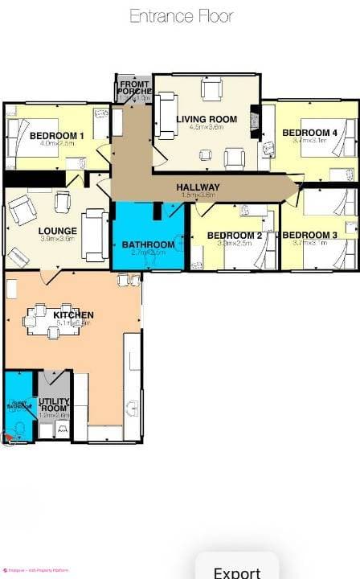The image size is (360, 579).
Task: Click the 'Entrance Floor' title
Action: pyautogui.click(x=181, y=16)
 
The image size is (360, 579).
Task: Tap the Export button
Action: pyautogui.click(x=237, y=571)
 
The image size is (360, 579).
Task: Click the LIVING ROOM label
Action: pyautogui.click(x=207, y=120)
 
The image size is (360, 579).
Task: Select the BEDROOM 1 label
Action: pyautogui.click(x=57, y=135)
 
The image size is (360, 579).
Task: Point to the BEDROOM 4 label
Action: pyautogui.click(x=309, y=133)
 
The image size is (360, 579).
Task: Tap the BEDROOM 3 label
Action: pyautogui.click(x=309, y=236)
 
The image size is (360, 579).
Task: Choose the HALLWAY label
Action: pyautogui.click(x=198, y=187)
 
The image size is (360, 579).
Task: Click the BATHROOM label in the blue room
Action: pyautogui.click(x=148, y=244)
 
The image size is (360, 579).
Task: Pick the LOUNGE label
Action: pyautogui.click(x=57, y=231)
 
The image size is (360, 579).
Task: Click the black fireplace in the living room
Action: pyautogui.click(x=256, y=121)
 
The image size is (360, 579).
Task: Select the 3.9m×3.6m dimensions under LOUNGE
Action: pyautogui.click(x=57, y=239)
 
